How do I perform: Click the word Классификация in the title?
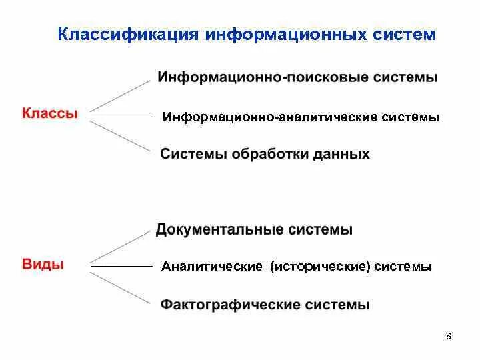click(x=128, y=33)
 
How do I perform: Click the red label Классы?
click(x=50, y=114)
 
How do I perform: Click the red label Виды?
click(x=43, y=264)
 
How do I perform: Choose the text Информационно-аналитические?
click(x=270, y=117)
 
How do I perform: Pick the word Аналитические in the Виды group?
click(x=211, y=267)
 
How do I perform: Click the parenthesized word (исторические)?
click(x=320, y=267)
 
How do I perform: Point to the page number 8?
click(x=449, y=336)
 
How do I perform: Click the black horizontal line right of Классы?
click(x=122, y=117)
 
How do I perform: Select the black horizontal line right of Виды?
click(x=122, y=267)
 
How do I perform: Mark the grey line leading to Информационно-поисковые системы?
click(x=121, y=95)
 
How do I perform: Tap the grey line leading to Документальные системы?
click(x=121, y=246)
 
